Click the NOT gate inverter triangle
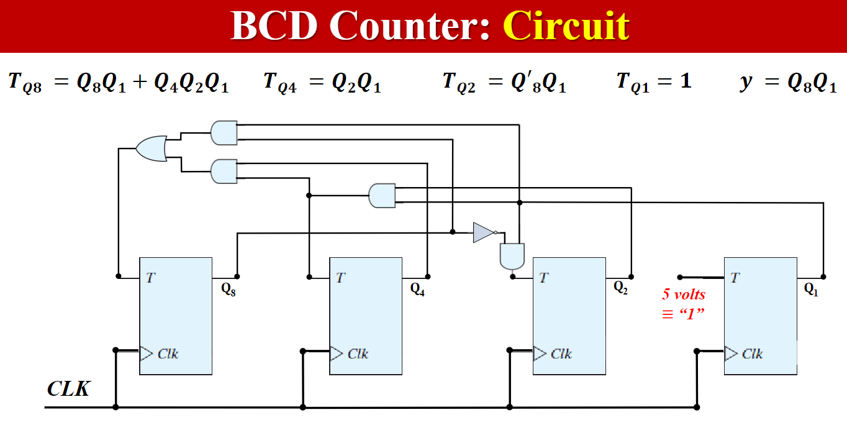(x=483, y=232)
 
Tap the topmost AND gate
(x=224, y=132)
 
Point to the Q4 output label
(x=417, y=289)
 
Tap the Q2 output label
(x=620, y=287)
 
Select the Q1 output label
(x=811, y=289)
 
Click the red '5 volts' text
(x=684, y=295)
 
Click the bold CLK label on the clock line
(x=68, y=390)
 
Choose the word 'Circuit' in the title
(x=566, y=26)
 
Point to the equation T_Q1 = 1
(x=653, y=81)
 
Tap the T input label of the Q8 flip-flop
(x=150, y=278)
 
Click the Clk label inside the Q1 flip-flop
(x=752, y=354)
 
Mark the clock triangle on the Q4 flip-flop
(x=336, y=354)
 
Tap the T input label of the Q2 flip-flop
(x=544, y=278)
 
